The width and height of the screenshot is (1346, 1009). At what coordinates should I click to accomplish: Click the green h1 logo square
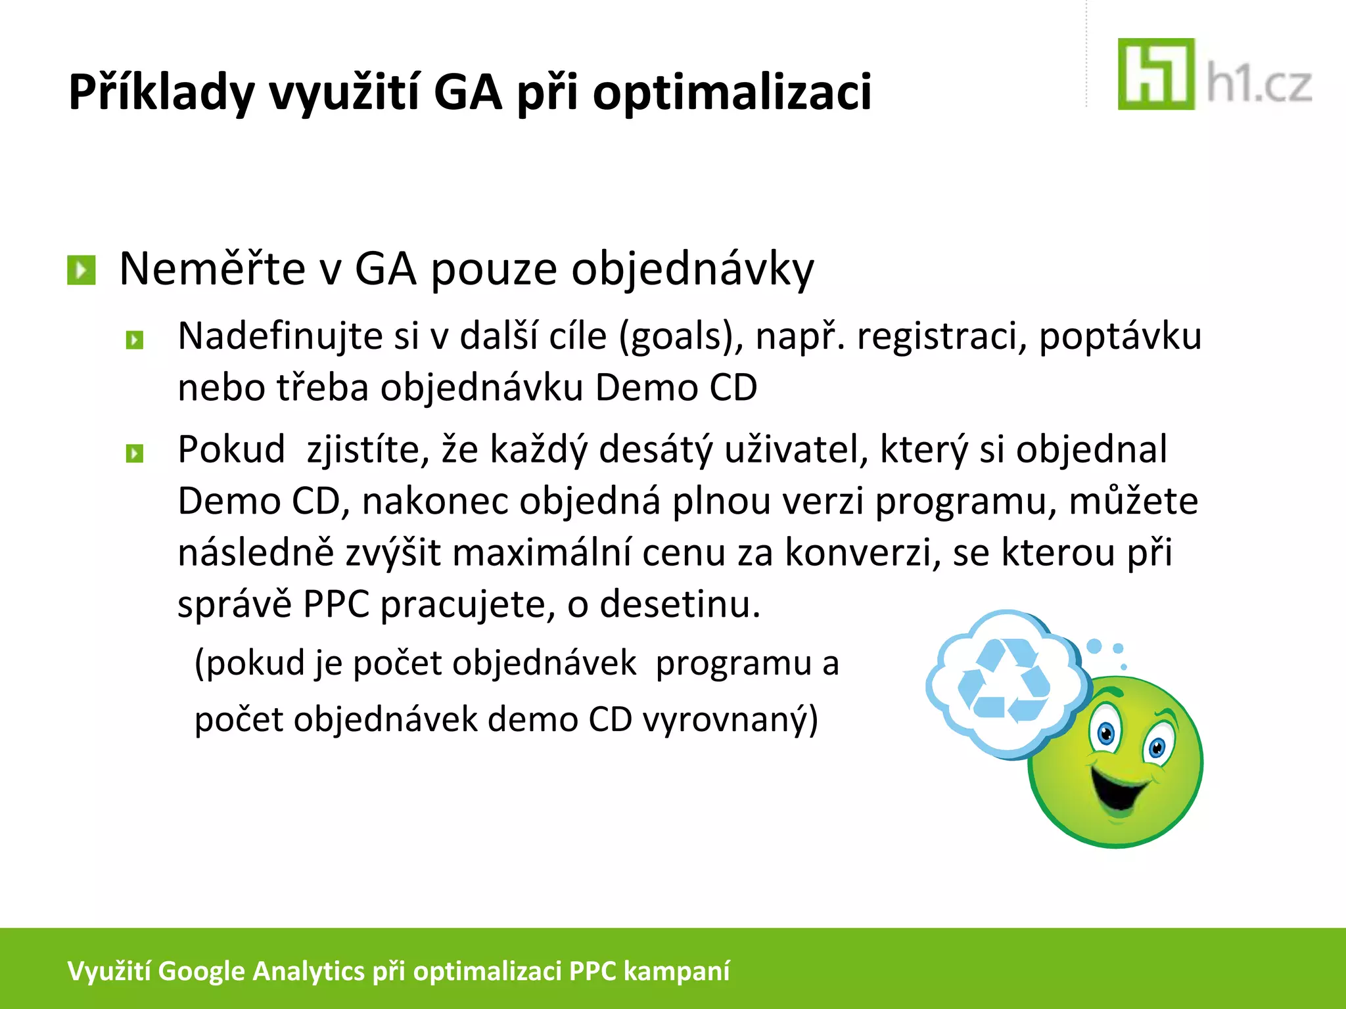coord(1155,74)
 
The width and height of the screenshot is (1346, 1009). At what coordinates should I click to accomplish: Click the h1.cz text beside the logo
coord(1259,85)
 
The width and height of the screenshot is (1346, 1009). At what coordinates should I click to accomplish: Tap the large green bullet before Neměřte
coord(81,270)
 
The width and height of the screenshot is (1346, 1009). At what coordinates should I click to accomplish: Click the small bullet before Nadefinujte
coord(135,340)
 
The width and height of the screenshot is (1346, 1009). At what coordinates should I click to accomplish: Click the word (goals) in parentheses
coord(681,337)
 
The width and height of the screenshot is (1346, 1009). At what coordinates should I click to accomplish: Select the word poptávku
coord(1120,337)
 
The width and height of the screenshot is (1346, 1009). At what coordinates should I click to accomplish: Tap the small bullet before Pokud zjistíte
coord(135,453)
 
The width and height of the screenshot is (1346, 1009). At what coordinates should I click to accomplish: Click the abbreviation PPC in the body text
coord(336,604)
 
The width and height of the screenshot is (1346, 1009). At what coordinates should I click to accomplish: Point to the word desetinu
coord(680,604)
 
